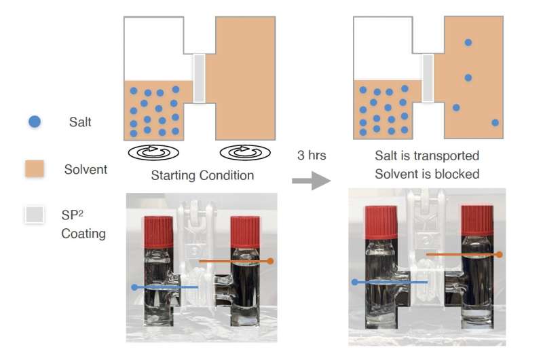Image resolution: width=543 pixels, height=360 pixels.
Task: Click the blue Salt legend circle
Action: [x=35, y=122]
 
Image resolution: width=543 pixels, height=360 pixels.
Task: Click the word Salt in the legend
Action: [x=79, y=122]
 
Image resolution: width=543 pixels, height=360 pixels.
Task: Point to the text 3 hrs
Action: [x=312, y=155]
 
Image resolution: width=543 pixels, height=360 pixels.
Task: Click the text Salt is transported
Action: [x=427, y=156]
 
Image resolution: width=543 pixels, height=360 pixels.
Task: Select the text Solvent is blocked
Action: [x=427, y=174]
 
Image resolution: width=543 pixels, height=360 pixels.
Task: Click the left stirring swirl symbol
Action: [x=154, y=151]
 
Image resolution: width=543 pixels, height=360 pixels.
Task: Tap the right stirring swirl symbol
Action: [x=246, y=151]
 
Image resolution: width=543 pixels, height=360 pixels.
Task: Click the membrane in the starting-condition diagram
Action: [x=200, y=77]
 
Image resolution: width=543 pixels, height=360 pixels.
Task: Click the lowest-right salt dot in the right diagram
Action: [x=495, y=123]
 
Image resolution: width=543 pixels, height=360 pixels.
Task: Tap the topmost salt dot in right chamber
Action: [x=468, y=42]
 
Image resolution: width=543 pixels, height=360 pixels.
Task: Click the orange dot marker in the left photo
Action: [x=270, y=261]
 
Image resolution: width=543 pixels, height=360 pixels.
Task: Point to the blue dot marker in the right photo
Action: [x=354, y=281]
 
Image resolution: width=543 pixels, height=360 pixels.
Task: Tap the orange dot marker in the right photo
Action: [x=500, y=255]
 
